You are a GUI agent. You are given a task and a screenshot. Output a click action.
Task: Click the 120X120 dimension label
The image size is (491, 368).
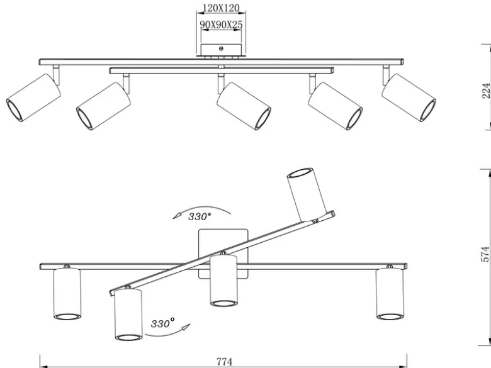coord(221,8)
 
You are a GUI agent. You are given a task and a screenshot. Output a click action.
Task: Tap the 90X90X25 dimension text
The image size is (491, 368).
coord(221,25)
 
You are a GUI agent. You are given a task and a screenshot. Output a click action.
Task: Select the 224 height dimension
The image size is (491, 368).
coord(485,91)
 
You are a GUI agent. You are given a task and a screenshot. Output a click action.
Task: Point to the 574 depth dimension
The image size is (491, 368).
coord(485,254)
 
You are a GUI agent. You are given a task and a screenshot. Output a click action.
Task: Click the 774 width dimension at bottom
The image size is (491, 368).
coord(225,362)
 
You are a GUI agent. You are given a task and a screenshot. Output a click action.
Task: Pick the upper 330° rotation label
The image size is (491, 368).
coord(200,216)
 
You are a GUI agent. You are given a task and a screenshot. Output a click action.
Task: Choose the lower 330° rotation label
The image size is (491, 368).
coord(162,323)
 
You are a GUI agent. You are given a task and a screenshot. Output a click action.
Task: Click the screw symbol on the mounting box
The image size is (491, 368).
coord(221,48)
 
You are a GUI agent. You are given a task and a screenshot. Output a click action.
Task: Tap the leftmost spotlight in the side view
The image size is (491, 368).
coord(33,98)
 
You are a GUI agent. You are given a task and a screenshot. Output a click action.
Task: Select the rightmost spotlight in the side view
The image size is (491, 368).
coord(409,98)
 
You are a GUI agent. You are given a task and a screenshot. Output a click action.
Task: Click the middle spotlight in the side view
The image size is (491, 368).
coord(244,106)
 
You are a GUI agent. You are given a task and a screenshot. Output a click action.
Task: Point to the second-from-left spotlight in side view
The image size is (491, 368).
coord(103,106)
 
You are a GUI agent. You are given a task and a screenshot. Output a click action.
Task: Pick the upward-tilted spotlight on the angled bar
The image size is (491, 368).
coord(307,194)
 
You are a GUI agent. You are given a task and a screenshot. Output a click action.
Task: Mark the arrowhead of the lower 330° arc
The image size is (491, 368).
coord(186,328)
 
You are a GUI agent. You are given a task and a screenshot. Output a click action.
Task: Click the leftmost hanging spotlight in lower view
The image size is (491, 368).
coord(67,294)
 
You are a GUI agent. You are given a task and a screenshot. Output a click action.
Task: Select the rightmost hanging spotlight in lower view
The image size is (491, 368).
coord(390,294)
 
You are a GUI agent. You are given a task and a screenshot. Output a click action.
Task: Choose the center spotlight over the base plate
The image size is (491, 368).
coord(223,280)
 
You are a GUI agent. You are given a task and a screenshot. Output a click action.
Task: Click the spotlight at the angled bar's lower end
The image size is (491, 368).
coord(128,315)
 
